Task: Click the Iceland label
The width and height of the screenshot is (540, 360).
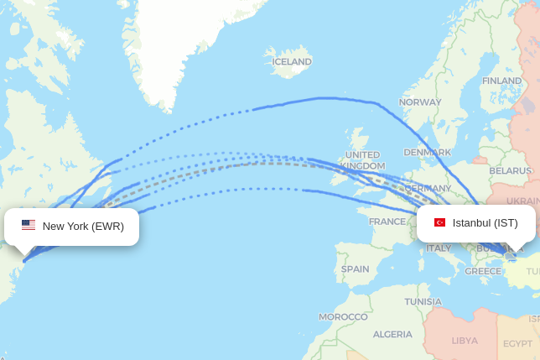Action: point(292,61)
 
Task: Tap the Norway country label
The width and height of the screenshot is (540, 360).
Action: point(420,102)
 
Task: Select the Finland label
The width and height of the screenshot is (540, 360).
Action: point(501,81)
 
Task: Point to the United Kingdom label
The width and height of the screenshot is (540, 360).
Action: point(362,160)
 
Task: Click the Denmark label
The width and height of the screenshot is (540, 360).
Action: point(427,152)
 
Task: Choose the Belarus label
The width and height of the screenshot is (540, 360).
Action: point(510,170)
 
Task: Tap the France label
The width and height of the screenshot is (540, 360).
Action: point(387,222)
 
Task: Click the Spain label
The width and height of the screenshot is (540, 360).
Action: point(355,269)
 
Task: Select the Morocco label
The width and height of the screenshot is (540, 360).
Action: point(343,316)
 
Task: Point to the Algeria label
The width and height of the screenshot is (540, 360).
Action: point(392,334)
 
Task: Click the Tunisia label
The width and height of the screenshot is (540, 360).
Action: point(423,301)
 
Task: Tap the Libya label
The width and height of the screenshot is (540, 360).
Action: point(465,340)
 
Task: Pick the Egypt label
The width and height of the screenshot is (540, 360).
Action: point(517,343)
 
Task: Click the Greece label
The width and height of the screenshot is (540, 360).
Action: point(483,271)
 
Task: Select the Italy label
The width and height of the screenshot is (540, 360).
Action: point(439,248)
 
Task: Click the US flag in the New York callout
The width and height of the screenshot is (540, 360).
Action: point(29,225)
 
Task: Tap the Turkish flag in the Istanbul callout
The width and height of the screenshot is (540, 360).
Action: point(439,222)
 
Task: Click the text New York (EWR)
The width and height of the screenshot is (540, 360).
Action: point(83,226)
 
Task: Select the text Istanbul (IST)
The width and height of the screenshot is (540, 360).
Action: point(485,222)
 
